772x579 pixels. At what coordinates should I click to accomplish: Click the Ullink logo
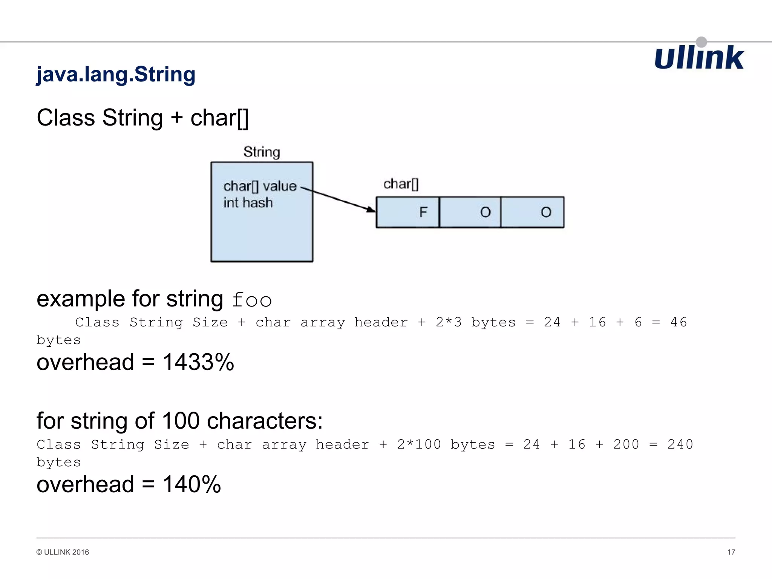(699, 58)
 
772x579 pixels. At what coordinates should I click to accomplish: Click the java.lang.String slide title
(116, 74)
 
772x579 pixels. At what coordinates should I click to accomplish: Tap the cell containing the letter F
(408, 212)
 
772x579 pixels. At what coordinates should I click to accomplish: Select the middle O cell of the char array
(470, 212)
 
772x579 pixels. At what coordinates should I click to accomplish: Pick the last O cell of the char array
(532, 212)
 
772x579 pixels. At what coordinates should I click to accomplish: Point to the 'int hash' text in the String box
(248, 203)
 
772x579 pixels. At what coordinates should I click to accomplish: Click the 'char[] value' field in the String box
(260, 186)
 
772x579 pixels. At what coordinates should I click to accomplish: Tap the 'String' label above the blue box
(262, 152)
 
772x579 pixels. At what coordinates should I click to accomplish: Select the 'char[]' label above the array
(401, 184)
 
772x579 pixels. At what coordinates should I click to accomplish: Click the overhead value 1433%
(198, 362)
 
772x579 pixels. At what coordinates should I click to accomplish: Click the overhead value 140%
(191, 484)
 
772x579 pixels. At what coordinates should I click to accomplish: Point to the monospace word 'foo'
(252, 300)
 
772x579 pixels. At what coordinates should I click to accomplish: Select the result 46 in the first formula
(679, 322)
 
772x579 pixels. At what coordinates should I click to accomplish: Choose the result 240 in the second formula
(680, 444)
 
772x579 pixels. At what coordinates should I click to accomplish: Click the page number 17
(731, 552)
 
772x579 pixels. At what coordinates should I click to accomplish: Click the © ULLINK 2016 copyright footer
(63, 552)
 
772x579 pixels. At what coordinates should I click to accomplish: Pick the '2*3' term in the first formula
(449, 322)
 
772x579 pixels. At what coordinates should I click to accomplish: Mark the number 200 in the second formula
(626, 444)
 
